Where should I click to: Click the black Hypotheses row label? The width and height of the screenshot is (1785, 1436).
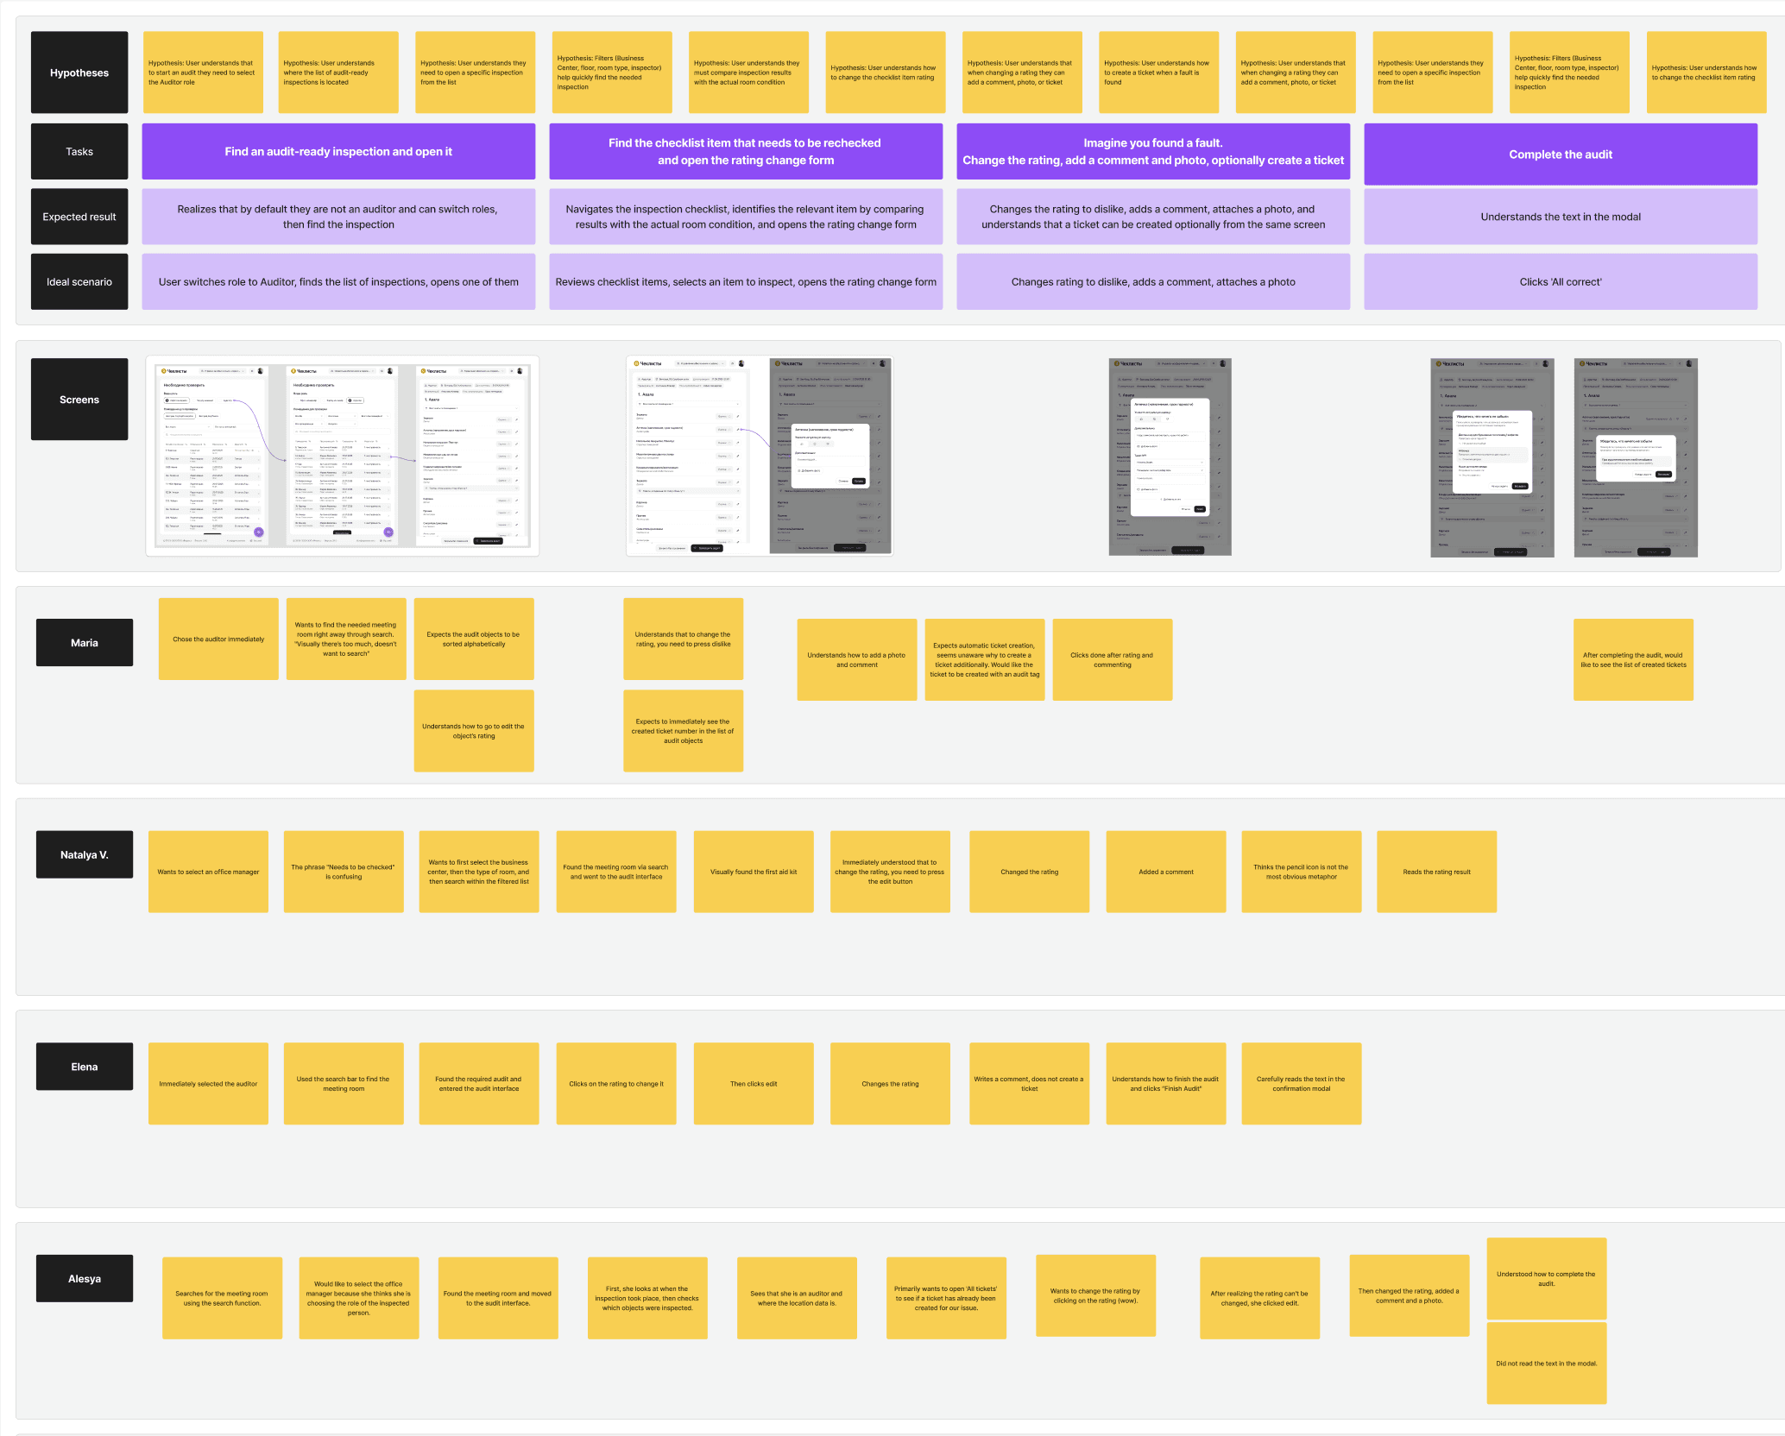(x=79, y=72)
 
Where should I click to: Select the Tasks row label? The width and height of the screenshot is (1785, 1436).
(x=79, y=152)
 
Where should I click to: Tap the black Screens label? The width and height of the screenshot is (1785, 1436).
(x=79, y=400)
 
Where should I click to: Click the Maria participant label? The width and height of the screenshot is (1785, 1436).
(x=85, y=643)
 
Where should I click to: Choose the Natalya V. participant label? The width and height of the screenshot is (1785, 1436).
(x=85, y=855)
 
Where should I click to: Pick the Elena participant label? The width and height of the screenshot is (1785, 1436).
(x=85, y=1067)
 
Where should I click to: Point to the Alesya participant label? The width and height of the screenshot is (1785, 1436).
(x=85, y=1279)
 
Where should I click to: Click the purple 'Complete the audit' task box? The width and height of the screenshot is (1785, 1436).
(x=1560, y=154)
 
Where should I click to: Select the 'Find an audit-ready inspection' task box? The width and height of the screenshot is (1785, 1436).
(x=338, y=152)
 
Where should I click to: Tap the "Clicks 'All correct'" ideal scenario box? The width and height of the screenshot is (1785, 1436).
(x=1560, y=282)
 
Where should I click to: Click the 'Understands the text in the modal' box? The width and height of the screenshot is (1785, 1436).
(x=1560, y=217)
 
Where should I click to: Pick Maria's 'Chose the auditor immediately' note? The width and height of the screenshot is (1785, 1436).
(x=218, y=639)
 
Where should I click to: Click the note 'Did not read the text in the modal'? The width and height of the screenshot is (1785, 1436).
(x=1546, y=1364)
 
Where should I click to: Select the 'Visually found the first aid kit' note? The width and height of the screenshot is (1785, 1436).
(x=754, y=872)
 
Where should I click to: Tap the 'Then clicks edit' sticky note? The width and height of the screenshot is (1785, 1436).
(x=754, y=1084)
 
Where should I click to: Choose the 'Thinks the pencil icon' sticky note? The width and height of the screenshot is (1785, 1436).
(x=1301, y=872)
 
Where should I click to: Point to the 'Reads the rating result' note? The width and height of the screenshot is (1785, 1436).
(x=1436, y=872)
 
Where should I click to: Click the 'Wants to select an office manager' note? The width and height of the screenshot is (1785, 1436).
(x=208, y=872)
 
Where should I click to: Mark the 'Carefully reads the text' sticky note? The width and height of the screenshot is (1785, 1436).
(x=1301, y=1084)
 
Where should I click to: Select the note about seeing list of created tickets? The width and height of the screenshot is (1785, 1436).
(x=1633, y=660)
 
